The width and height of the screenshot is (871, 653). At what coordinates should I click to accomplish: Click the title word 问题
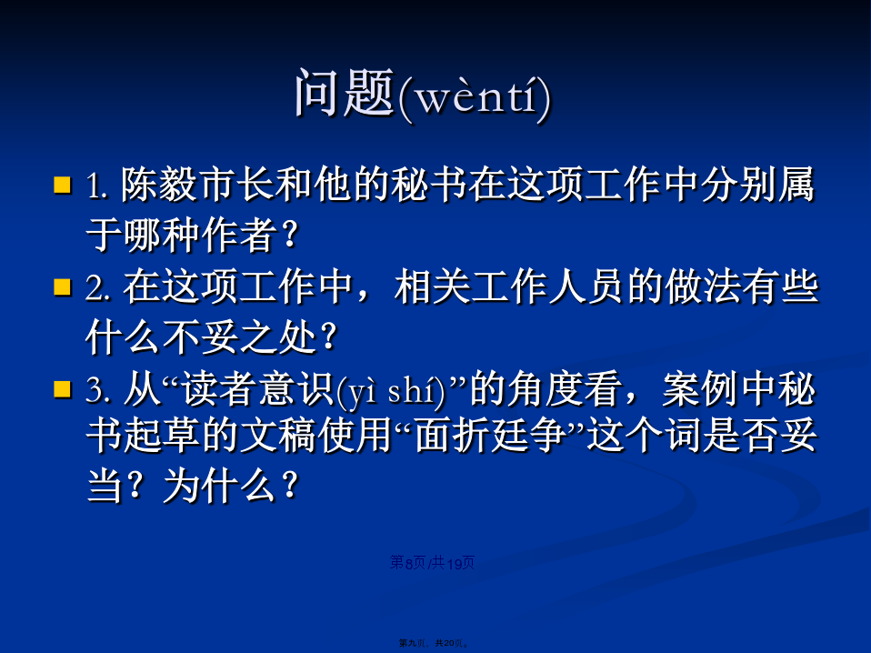click(x=345, y=93)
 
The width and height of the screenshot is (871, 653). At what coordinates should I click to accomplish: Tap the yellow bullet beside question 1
click(x=63, y=185)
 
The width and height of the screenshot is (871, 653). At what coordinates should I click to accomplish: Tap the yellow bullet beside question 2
click(x=63, y=286)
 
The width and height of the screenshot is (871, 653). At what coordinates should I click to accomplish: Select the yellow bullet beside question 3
click(x=63, y=389)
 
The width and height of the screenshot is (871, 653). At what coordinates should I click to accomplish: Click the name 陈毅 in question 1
click(x=159, y=184)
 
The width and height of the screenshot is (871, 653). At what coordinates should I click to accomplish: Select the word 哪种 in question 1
click(x=161, y=235)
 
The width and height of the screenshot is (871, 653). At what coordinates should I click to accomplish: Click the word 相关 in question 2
click(x=432, y=286)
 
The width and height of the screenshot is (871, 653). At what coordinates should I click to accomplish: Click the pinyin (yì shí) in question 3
click(x=391, y=392)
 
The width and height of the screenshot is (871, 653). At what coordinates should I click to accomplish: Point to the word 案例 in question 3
click(x=700, y=389)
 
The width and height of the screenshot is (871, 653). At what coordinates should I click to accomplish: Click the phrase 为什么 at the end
click(x=218, y=486)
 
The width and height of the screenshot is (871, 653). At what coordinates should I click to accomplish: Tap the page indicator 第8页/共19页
click(x=432, y=563)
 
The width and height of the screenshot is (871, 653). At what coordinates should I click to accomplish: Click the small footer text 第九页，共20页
click(x=434, y=643)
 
